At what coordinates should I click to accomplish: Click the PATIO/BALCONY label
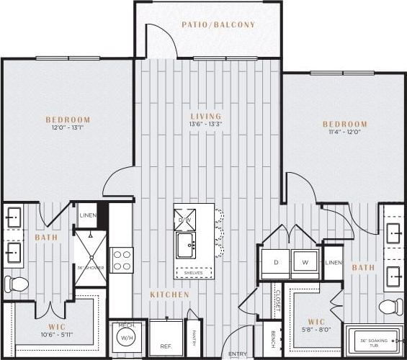(218, 24)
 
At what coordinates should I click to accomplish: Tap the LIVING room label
(205, 116)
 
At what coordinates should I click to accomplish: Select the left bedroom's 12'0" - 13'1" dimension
(68, 129)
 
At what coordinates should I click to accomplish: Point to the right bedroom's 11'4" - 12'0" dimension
(344, 132)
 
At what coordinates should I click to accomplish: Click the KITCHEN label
(170, 294)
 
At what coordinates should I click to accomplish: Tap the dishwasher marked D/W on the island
(184, 219)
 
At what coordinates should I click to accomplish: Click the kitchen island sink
(185, 243)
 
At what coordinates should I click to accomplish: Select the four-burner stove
(121, 260)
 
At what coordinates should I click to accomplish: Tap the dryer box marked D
(274, 264)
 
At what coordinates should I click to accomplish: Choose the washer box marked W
(305, 264)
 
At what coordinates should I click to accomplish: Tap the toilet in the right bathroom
(391, 306)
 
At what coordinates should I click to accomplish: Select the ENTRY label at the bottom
(237, 354)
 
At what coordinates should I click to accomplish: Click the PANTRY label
(193, 334)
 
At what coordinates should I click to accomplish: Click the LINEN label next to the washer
(334, 263)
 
